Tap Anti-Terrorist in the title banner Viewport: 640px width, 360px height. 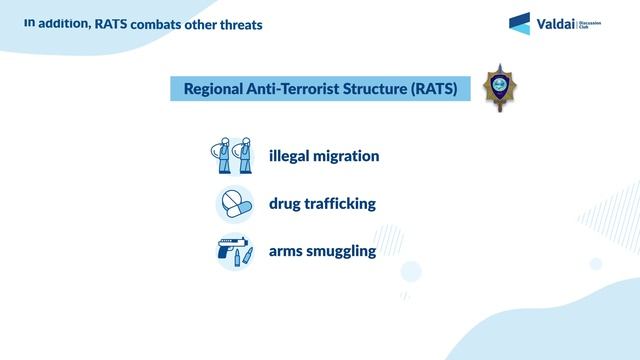click(300, 88)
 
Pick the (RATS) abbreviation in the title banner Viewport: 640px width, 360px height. click(435, 88)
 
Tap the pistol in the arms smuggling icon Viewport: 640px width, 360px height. click(229, 249)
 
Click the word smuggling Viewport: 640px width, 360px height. click(345, 250)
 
